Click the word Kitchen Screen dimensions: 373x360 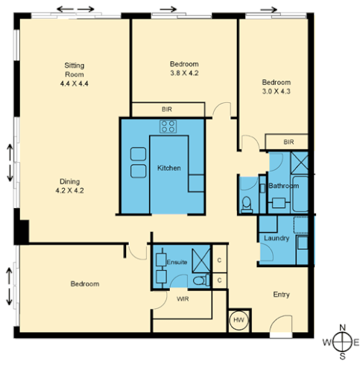pyautogui.click(x=169, y=168)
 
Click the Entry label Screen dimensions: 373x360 pyautogui.click(x=281, y=295)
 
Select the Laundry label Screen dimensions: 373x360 pyautogui.click(x=276, y=238)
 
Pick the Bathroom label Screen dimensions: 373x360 pyautogui.click(x=284, y=185)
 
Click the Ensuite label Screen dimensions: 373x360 pyautogui.click(x=177, y=262)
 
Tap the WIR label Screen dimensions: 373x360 pyautogui.click(x=183, y=298)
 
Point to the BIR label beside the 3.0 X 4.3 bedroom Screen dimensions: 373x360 pyautogui.click(x=289, y=142)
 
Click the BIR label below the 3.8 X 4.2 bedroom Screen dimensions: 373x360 pyautogui.click(x=166, y=109)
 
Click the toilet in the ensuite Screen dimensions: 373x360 pyautogui.click(x=197, y=279)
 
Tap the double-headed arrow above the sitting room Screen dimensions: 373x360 pyautogui.click(x=78, y=10)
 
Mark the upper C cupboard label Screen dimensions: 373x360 pyautogui.click(x=219, y=260)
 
